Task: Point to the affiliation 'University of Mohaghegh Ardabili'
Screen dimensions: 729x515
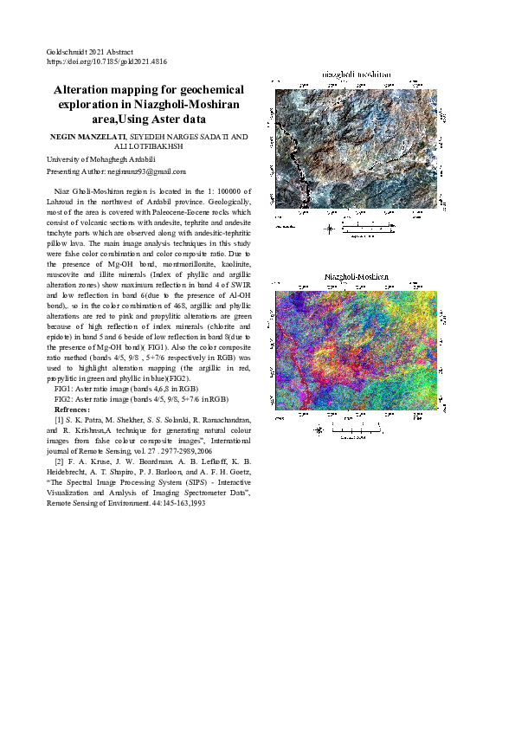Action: pyautogui.click(x=100, y=159)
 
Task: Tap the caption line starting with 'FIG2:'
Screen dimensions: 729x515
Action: pyautogui.click(x=141, y=399)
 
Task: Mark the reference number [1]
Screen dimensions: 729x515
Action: pyautogui.click(x=60, y=419)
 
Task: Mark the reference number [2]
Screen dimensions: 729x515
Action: pyautogui.click(x=60, y=472)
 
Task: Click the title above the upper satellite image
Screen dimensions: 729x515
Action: pyautogui.click(x=357, y=74)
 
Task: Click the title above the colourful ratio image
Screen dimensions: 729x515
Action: pyautogui.click(x=357, y=278)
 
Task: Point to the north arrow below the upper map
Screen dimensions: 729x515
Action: pyautogui.click(x=329, y=229)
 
